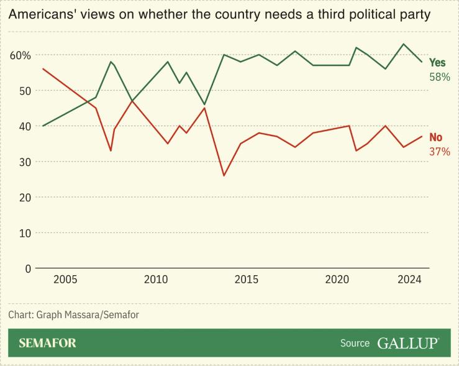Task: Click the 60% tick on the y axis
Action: coord(19,55)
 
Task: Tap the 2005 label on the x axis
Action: coord(65,280)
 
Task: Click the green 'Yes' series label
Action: coord(437,63)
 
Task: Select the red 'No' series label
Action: coord(436,137)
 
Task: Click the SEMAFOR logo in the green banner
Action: coord(47,343)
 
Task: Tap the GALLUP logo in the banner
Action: coord(407,343)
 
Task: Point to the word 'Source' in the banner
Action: coord(355,343)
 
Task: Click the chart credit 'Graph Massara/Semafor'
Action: coord(87,314)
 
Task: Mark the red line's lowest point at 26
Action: coord(224,176)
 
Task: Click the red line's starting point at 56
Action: coord(43,69)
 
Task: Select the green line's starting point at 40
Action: coord(43,126)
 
